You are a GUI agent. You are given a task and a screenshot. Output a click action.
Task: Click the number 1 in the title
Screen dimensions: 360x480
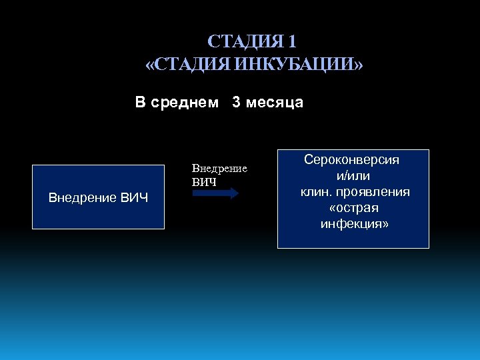coord(291,42)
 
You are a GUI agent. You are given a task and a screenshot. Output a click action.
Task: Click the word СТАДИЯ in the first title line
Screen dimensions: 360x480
coord(245,42)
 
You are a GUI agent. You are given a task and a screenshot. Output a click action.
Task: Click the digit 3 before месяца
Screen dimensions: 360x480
coord(237,103)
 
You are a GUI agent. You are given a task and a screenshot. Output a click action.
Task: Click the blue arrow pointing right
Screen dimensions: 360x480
coord(215,193)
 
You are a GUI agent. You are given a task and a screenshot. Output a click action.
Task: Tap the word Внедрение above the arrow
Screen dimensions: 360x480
coord(219,169)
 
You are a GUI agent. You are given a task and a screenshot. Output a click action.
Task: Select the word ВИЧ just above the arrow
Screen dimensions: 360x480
coord(204,181)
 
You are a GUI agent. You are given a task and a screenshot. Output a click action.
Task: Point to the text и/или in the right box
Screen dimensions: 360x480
coord(353,176)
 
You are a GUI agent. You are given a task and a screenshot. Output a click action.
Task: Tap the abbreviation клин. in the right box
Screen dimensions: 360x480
coord(313,192)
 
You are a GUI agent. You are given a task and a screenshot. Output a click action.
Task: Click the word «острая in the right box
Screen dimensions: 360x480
coord(353,208)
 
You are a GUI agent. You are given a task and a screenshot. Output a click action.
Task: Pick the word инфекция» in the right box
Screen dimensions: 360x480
coord(354,224)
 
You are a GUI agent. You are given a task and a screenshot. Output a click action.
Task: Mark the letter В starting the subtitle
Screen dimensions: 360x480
coord(140,103)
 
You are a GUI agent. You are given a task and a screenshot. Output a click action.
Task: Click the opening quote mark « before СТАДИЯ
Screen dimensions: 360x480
coord(149,65)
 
